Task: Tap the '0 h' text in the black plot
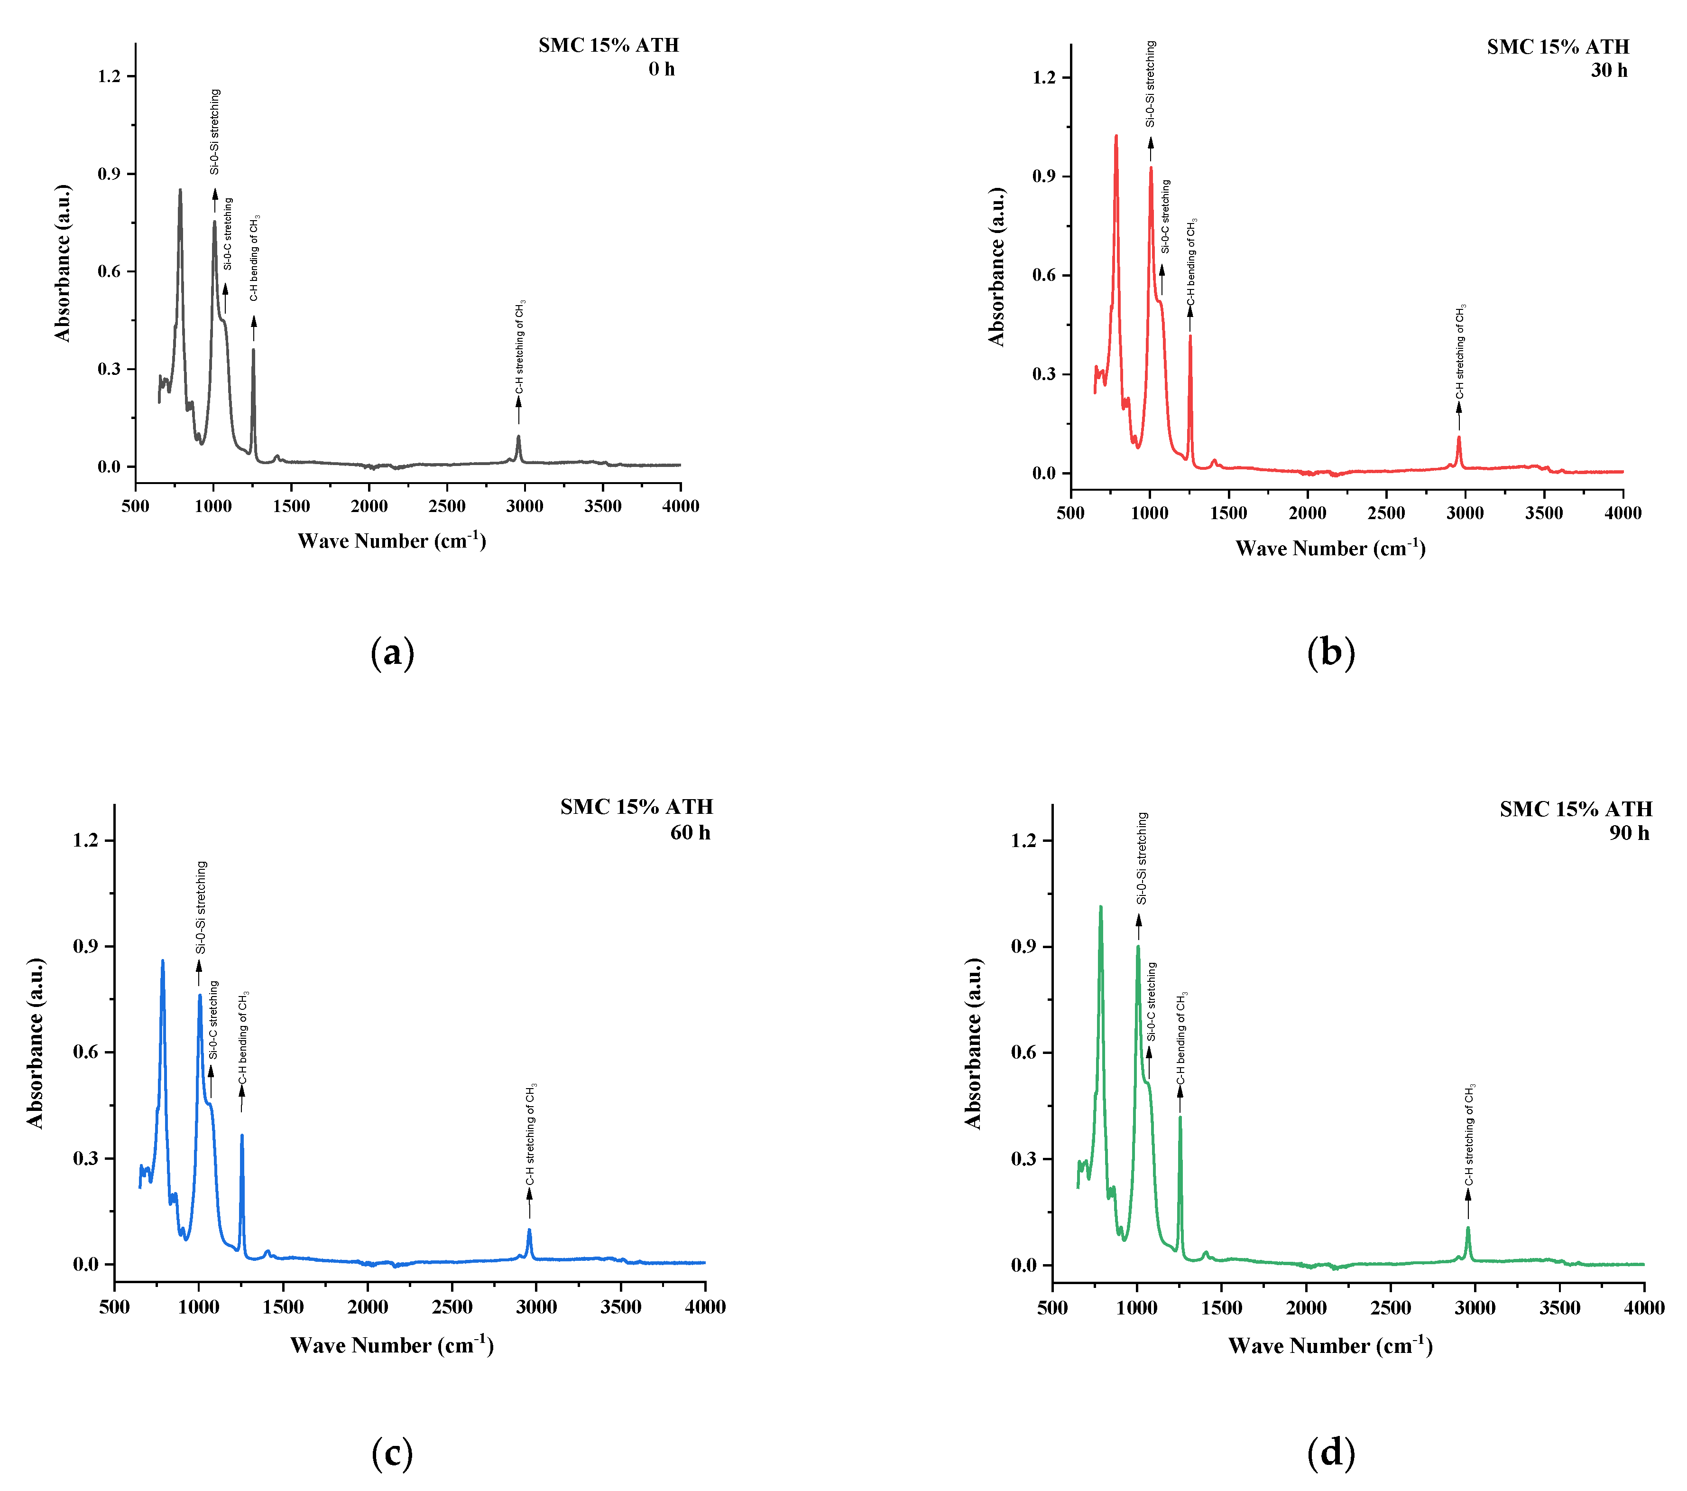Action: (661, 69)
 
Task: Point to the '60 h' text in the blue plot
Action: (690, 832)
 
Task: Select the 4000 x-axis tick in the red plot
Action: (1622, 513)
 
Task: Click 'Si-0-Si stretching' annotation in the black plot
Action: (214, 132)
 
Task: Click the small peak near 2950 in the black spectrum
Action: (518, 438)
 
